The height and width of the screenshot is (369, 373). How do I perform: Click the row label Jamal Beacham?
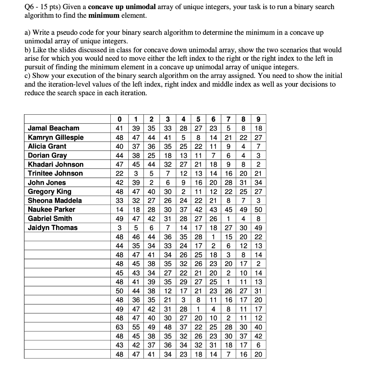(54, 128)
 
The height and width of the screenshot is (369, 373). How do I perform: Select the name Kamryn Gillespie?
(56, 137)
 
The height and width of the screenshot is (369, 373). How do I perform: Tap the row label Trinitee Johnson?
(55, 173)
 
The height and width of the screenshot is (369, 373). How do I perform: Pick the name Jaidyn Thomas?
(53, 228)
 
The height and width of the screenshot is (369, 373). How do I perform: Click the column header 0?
(119, 119)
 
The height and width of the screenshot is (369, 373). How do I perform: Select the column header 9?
(258, 119)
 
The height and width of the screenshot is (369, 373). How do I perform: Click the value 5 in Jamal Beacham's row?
(228, 128)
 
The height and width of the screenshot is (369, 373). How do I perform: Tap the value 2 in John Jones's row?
(151, 183)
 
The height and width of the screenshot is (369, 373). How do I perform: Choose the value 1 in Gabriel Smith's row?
(228, 219)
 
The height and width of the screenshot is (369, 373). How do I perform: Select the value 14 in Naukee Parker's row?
(119, 210)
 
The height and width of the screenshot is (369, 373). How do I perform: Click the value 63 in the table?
(119, 327)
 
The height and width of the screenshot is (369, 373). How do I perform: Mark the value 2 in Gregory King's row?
(184, 191)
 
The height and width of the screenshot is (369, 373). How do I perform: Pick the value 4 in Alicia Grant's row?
(243, 146)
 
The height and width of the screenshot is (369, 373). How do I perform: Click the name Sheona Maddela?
(55, 201)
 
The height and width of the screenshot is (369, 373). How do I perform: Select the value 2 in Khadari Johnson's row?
(258, 164)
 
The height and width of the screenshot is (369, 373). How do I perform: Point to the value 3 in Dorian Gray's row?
(258, 155)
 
